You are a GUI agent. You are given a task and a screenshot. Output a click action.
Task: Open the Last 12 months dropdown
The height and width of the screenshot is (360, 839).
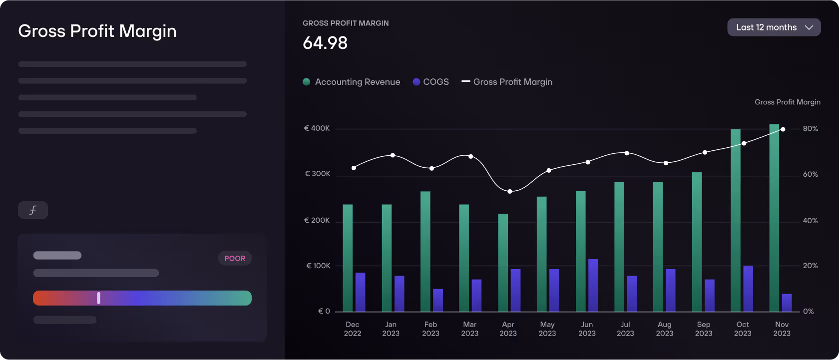click(x=774, y=27)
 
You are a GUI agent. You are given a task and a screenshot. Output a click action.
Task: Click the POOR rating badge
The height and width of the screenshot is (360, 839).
click(x=235, y=258)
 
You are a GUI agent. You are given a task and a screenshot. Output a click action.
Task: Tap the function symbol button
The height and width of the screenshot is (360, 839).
click(x=33, y=210)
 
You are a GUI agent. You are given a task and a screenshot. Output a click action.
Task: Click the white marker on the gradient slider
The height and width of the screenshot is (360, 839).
click(x=98, y=298)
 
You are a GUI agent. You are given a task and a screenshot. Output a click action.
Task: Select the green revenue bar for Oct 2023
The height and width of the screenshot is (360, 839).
click(x=735, y=220)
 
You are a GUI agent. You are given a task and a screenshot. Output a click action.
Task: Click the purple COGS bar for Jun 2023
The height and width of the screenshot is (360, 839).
click(x=593, y=285)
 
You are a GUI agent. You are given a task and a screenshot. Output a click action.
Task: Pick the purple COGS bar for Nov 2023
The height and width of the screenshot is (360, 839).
click(x=787, y=303)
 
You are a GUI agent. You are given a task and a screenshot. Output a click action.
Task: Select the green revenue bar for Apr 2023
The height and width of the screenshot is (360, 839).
click(x=503, y=263)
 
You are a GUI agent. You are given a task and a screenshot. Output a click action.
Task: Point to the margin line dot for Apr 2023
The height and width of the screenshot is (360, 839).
click(x=509, y=191)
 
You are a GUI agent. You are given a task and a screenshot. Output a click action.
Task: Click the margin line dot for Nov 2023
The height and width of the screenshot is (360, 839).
click(x=783, y=129)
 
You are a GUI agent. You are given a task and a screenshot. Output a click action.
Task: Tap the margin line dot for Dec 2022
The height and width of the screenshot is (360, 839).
click(x=354, y=168)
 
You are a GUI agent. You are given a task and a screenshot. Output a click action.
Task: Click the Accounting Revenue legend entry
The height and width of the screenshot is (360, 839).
click(x=352, y=82)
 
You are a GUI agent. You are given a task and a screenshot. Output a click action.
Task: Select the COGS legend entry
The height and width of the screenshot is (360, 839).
click(x=430, y=82)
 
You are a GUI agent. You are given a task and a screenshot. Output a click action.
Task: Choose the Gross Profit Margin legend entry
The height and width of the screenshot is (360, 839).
click(x=507, y=82)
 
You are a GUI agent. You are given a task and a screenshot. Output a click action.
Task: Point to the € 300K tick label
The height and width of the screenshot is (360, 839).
click(x=318, y=174)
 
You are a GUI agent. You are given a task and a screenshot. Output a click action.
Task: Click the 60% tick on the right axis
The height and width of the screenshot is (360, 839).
click(x=810, y=174)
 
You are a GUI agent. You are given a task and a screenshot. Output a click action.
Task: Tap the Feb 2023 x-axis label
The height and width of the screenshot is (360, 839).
click(x=430, y=329)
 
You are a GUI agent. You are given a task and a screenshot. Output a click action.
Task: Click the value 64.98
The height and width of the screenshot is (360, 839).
click(x=325, y=43)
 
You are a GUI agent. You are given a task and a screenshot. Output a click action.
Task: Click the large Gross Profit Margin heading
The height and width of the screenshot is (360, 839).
click(x=97, y=31)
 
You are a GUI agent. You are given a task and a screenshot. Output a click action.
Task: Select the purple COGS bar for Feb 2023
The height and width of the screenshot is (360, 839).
click(x=438, y=300)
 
